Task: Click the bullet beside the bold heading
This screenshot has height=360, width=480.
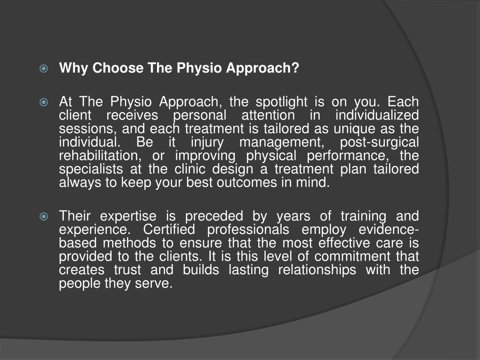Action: [x=44, y=68]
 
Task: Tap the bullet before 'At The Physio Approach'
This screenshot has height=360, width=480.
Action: [x=44, y=102]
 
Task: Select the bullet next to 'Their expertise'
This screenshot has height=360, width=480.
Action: [x=44, y=217]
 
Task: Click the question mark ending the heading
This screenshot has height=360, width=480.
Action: [x=295, y=67]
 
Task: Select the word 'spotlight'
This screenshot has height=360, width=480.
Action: [x=281, y=102]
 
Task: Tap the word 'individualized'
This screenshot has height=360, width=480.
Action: [x=377, y=115]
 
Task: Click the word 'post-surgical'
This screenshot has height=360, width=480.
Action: [x=379, y=142]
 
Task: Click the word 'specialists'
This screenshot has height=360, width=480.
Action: [x=91, y=170]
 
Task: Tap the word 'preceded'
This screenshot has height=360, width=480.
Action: [x=214, y=217]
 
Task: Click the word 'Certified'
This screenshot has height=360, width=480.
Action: [x=169, y=229]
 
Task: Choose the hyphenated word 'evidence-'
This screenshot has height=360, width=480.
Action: [x=389, y=229]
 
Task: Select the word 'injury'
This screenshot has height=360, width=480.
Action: [x=207, y=142]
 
